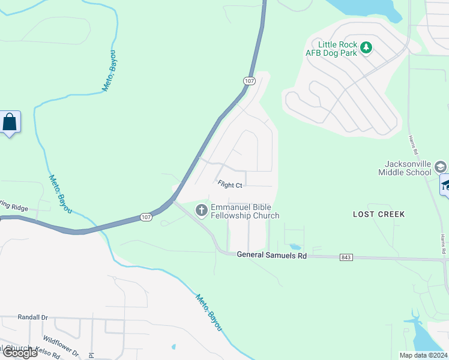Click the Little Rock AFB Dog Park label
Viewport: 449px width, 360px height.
pyautogui.click(x=338, y=49)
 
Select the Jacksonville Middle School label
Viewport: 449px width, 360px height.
pyautogui.click(x=408, y=168)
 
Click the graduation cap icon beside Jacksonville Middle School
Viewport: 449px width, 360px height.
pyautogui.click(x=440, y=167)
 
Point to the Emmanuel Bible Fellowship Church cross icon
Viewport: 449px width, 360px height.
pyautogui.click(x=202, y=210)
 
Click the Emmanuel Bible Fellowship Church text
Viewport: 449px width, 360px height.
pyautogui.click(x=244, y=211)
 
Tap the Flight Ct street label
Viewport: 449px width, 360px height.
pyautogui.click(x=230, y=185)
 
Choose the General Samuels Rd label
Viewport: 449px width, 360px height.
pyautogui.click(x=271, y=255)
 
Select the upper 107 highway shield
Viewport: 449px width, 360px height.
pyautogui.click(x=250, y=80)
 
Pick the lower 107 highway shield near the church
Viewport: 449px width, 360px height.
pyautogui.click(x=146, y=217)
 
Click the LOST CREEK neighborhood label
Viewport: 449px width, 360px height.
pyautogui.click(x=379, y=214)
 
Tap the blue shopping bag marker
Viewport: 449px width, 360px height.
pyautogui.click(x=10, y=122)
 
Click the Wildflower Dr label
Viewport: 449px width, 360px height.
pyautogui.click(x=61, y=346)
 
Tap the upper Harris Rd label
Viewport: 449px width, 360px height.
pyautogui.click(x=413, y=144)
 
